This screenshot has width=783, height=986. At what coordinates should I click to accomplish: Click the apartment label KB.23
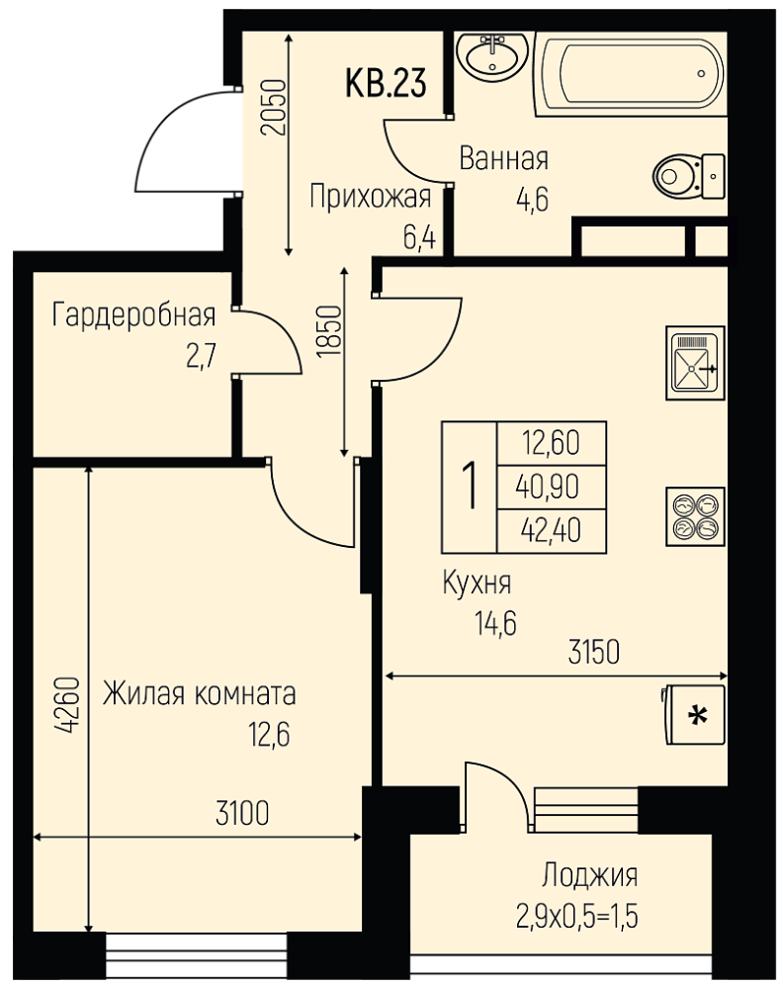pos(386,83)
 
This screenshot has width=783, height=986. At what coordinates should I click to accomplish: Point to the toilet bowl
pos(688,175)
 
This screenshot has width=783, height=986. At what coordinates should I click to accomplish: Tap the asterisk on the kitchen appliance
pos(696,716)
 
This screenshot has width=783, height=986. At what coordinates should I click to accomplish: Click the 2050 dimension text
pos(275,108)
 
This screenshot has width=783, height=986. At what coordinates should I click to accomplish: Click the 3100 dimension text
pos(242,813)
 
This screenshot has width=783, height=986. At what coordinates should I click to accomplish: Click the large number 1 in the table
pos(470,487)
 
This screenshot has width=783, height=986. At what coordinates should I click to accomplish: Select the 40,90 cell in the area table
pos(547,487)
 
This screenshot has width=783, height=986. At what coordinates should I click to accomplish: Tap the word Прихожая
pos(371,198)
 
